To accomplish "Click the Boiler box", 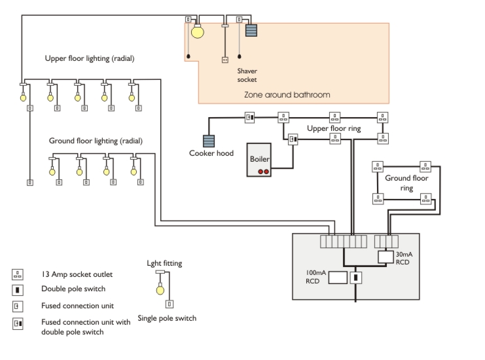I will pos(260,159).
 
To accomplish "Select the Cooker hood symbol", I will pos(209,141).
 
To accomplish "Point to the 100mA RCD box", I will pos(336,278).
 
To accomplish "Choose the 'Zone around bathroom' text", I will pos(287,95).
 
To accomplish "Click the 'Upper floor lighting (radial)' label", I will pos(90,58).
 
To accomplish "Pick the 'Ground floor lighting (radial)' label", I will pos(96,141).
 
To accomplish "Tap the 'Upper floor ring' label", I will pos(334,129).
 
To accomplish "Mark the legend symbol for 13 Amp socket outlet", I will pos(18,274).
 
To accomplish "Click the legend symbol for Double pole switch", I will pos(18,290).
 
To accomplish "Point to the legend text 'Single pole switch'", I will pos(167,319).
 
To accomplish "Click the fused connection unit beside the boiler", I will pos(293,139).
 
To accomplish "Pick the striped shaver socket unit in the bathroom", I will pos(251,30).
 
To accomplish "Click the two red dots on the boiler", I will pos(263,171).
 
